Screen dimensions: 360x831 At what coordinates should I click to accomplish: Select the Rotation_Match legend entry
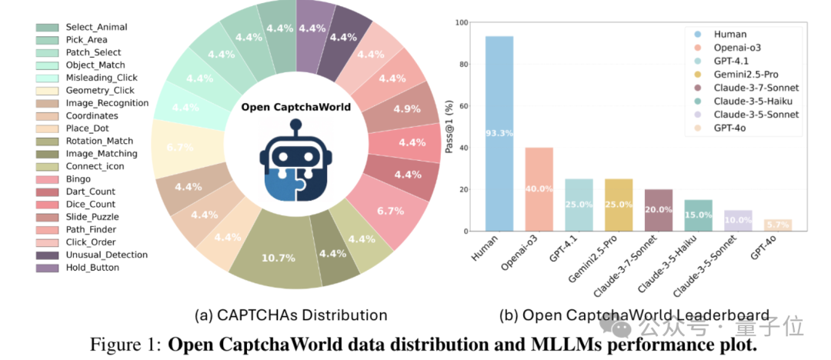coord(98,141)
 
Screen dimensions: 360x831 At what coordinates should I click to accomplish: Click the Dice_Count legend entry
coord(91,205)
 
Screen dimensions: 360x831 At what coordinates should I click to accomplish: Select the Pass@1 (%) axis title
coord(449,127)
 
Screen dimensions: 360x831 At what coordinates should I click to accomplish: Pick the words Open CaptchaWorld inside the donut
coord(295,107)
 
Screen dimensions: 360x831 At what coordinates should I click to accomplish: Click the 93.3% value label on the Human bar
coord(499,133)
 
